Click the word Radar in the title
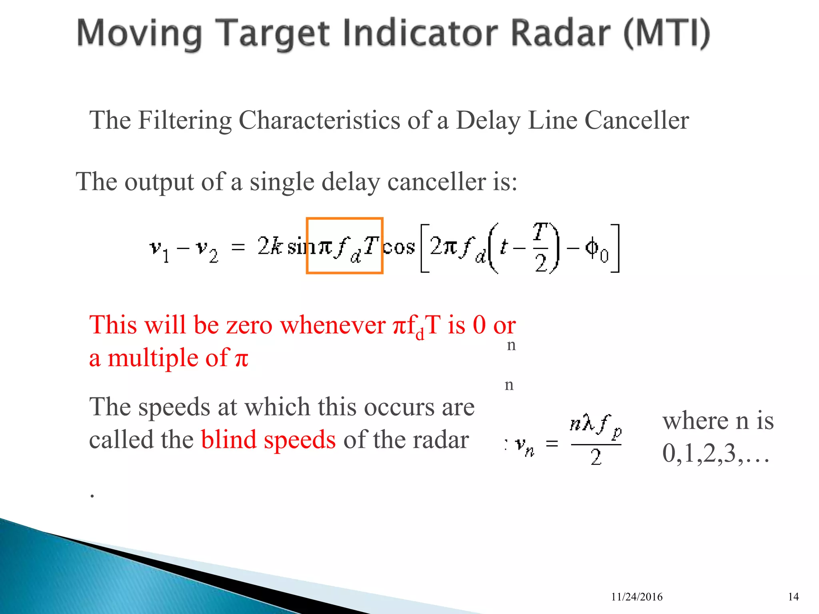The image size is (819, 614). pos(560,34)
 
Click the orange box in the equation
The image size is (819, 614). pos(344,245)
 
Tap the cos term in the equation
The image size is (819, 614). pos(399,247)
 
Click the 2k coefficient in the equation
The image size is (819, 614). pos(269,246)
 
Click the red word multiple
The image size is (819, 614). pos(152,358)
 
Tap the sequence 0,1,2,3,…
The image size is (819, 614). pos(715,454)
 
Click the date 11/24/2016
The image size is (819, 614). pos(637,597)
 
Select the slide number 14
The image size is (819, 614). pos(793,597)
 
